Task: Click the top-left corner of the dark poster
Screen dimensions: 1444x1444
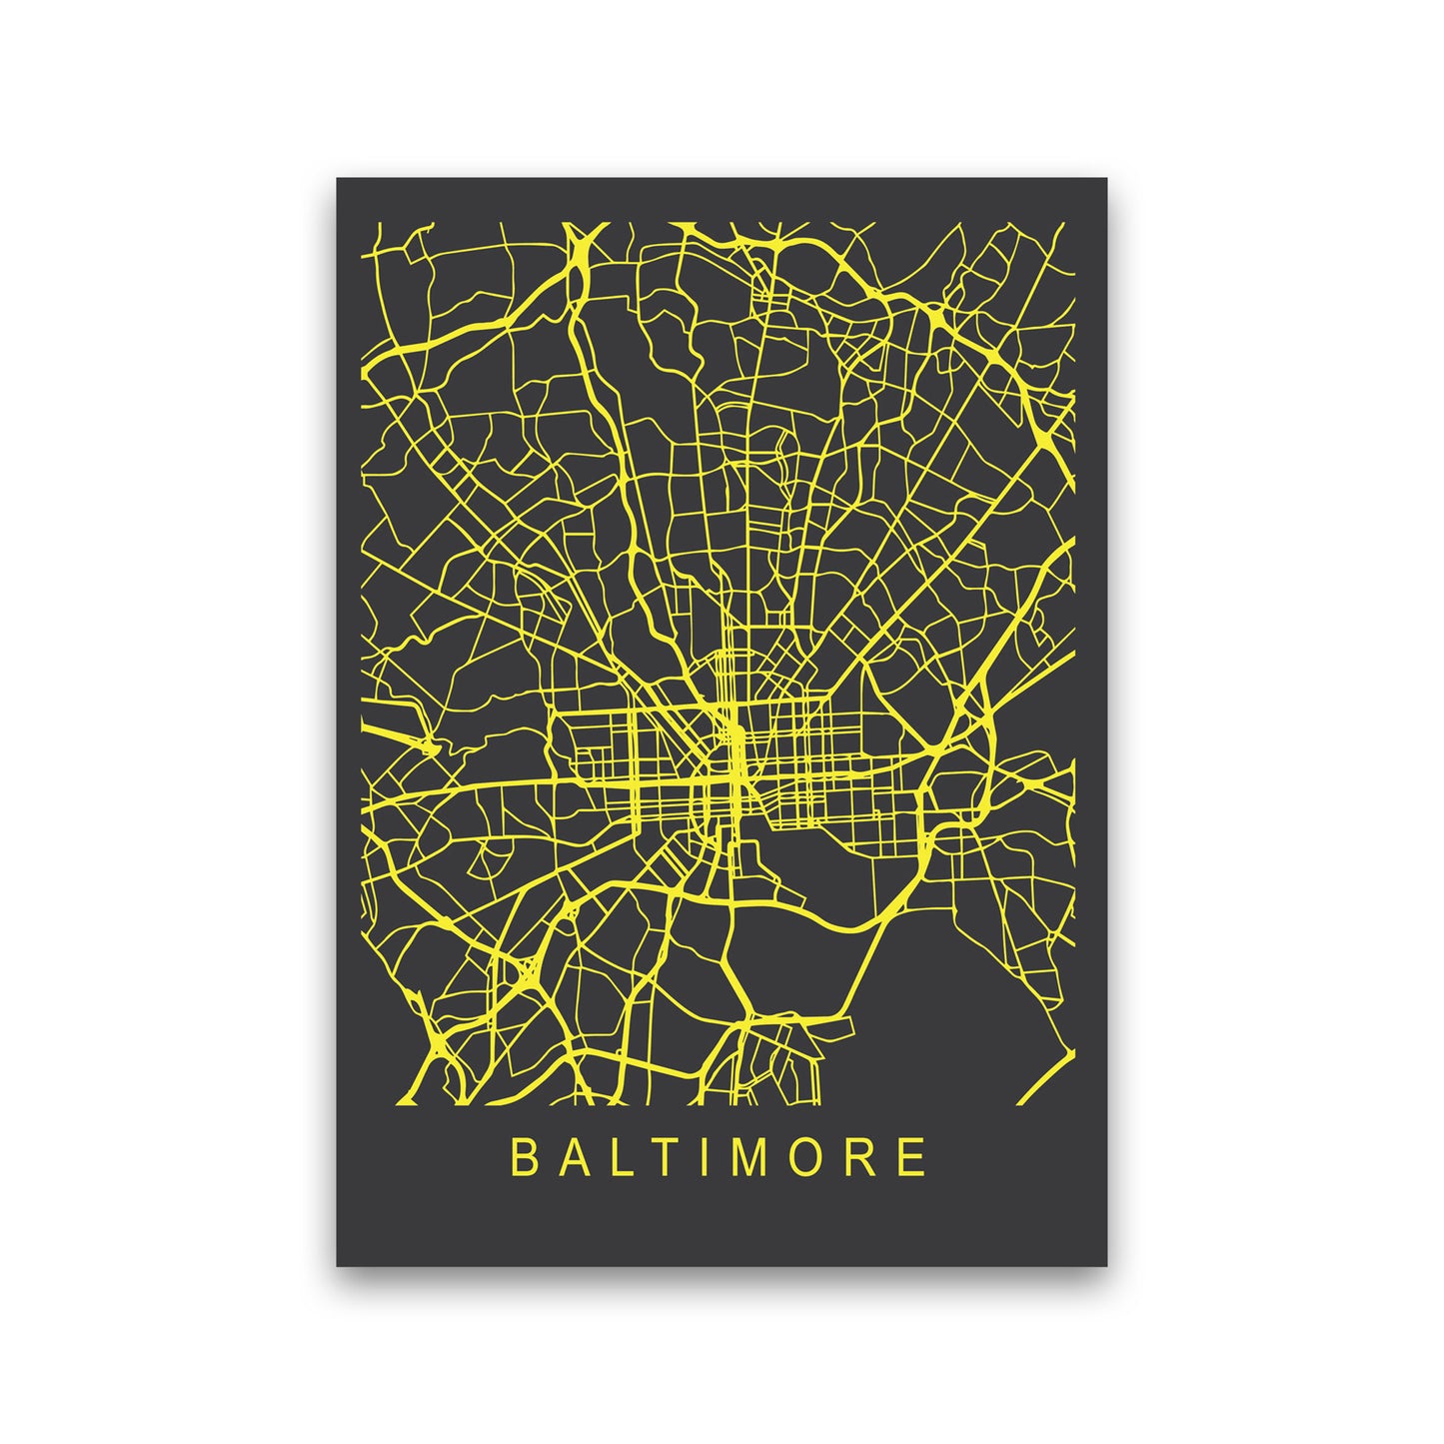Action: pos(337,179)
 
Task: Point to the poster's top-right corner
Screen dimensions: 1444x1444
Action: pos(1107,179)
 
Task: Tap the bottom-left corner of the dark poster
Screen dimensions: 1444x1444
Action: pos(337,1266)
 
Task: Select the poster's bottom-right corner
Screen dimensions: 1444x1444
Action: pos(1107,1266)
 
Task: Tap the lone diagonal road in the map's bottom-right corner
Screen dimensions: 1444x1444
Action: pos(1044,1077)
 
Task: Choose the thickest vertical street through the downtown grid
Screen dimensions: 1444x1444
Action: pos(736,759)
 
